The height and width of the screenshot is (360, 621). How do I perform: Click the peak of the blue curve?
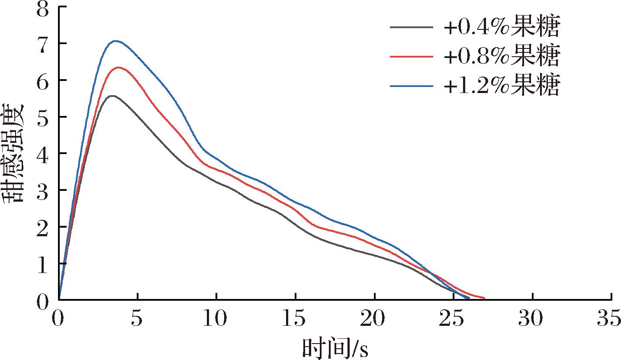115,41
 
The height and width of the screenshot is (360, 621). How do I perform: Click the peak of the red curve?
118,67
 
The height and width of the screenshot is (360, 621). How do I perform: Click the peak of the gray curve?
112,96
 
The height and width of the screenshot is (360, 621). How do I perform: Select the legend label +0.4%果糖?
502,28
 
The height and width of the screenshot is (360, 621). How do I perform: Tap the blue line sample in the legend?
411,86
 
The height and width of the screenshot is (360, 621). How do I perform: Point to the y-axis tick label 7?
42,44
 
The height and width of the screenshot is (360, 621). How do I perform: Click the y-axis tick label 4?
42,154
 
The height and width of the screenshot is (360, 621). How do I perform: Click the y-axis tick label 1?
42,264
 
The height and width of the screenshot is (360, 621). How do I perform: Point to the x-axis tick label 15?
295,320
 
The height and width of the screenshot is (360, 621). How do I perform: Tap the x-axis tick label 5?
138,320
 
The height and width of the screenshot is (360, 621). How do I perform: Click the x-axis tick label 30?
532,320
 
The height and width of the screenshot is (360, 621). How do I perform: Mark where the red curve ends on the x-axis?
484,298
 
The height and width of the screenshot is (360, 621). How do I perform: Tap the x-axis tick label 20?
374,320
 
